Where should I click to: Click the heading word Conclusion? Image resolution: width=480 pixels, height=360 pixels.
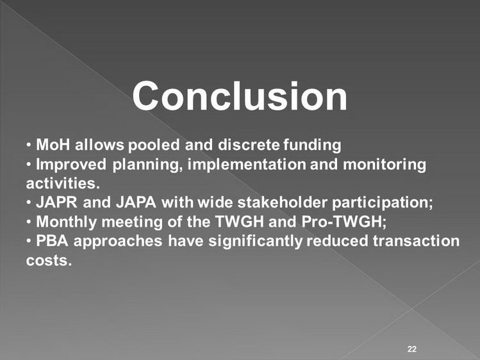click(240, 96)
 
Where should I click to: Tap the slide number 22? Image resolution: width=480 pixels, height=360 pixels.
click(412, 349)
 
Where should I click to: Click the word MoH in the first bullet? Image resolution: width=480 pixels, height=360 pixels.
click(53, 144)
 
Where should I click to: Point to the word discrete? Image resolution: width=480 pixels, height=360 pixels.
click(249, 144)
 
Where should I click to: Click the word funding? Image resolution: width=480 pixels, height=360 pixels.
click(312, 145)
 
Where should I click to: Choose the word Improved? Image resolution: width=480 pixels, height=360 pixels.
click(71, 165)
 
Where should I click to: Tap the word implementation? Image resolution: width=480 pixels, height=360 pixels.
click(247, 165)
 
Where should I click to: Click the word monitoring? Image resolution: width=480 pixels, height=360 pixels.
click(385, 165)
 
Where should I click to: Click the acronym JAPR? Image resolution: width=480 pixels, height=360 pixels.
click(56, 202)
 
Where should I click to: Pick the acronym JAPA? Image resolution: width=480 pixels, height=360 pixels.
click(137, 202)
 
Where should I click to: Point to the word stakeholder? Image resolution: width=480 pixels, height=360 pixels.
click(282, 202)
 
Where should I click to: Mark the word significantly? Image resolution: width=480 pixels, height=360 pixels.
click(255, 241)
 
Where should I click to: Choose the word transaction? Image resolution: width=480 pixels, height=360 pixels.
click(417, 241)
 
